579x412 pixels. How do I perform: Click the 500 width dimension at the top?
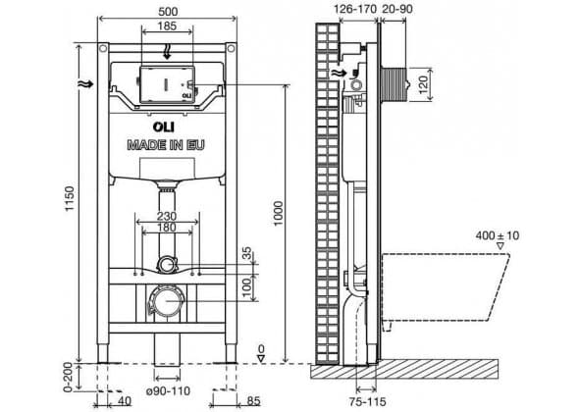coord(168,12)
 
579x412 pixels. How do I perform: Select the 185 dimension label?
coord(167,26)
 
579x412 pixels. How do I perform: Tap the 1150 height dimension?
coord(70,198)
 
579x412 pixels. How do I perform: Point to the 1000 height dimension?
coord(279,214)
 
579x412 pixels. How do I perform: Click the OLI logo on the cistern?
coord(164,127)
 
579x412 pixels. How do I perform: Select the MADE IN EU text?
coord(166,145)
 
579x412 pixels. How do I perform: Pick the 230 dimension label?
coord(167,216)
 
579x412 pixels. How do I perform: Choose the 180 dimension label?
coord(167,228)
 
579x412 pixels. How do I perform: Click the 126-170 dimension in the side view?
coord(355,9)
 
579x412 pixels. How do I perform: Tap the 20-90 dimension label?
coord(396,9)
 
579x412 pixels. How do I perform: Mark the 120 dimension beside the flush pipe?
coord(424,84)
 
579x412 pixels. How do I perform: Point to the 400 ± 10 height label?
coord(497,235)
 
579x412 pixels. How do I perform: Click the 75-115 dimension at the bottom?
coord(367,401)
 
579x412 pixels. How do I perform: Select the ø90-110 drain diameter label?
coord(168,390)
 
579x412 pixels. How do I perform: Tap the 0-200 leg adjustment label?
coord(69,377)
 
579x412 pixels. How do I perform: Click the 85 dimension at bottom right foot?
coord(254,401)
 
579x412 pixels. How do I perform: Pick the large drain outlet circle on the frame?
coord(165,301)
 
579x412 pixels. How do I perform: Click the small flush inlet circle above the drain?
coord(168,265)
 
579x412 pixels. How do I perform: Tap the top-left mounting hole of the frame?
coord(103,48)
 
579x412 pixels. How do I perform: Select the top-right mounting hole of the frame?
coord(231,48)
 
